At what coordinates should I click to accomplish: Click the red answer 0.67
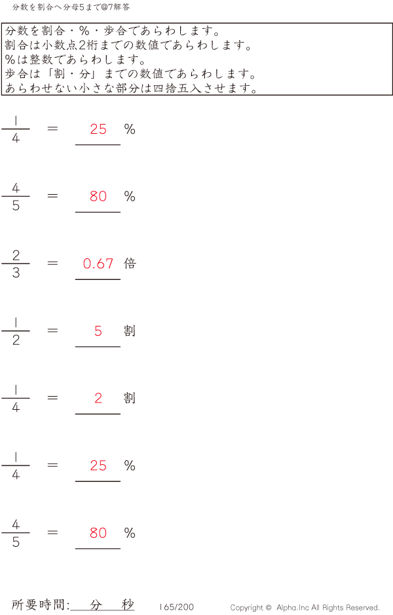click(x=98, y=264)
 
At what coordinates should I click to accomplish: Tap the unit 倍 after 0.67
click(x=130, y=263)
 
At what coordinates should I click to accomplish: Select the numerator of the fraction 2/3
click(x=16, y=255)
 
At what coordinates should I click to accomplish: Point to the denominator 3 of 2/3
click(x=16, y=272)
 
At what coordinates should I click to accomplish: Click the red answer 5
click(x=98, y=331)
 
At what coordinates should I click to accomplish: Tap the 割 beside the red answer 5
click(x=130, y=330)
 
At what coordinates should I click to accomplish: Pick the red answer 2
click(x=98, y=398)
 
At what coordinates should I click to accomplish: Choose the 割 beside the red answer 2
click(x=130, y=398)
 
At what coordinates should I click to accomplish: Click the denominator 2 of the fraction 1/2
click(x=16, y=340)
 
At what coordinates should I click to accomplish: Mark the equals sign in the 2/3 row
click(x=52, y=263)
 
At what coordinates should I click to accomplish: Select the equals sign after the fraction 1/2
click(x=52, y=330)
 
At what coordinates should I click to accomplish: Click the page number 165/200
click(x=176, y=607)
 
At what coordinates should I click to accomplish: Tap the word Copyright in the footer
click(x=247, y=608)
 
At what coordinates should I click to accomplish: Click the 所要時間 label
click(x=39, y=605)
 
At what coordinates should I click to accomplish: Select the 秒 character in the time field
click(x=128, y=605)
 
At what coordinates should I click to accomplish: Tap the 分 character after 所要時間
click(x=96, y=605)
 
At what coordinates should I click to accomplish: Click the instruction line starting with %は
click(x=76, y=59)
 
